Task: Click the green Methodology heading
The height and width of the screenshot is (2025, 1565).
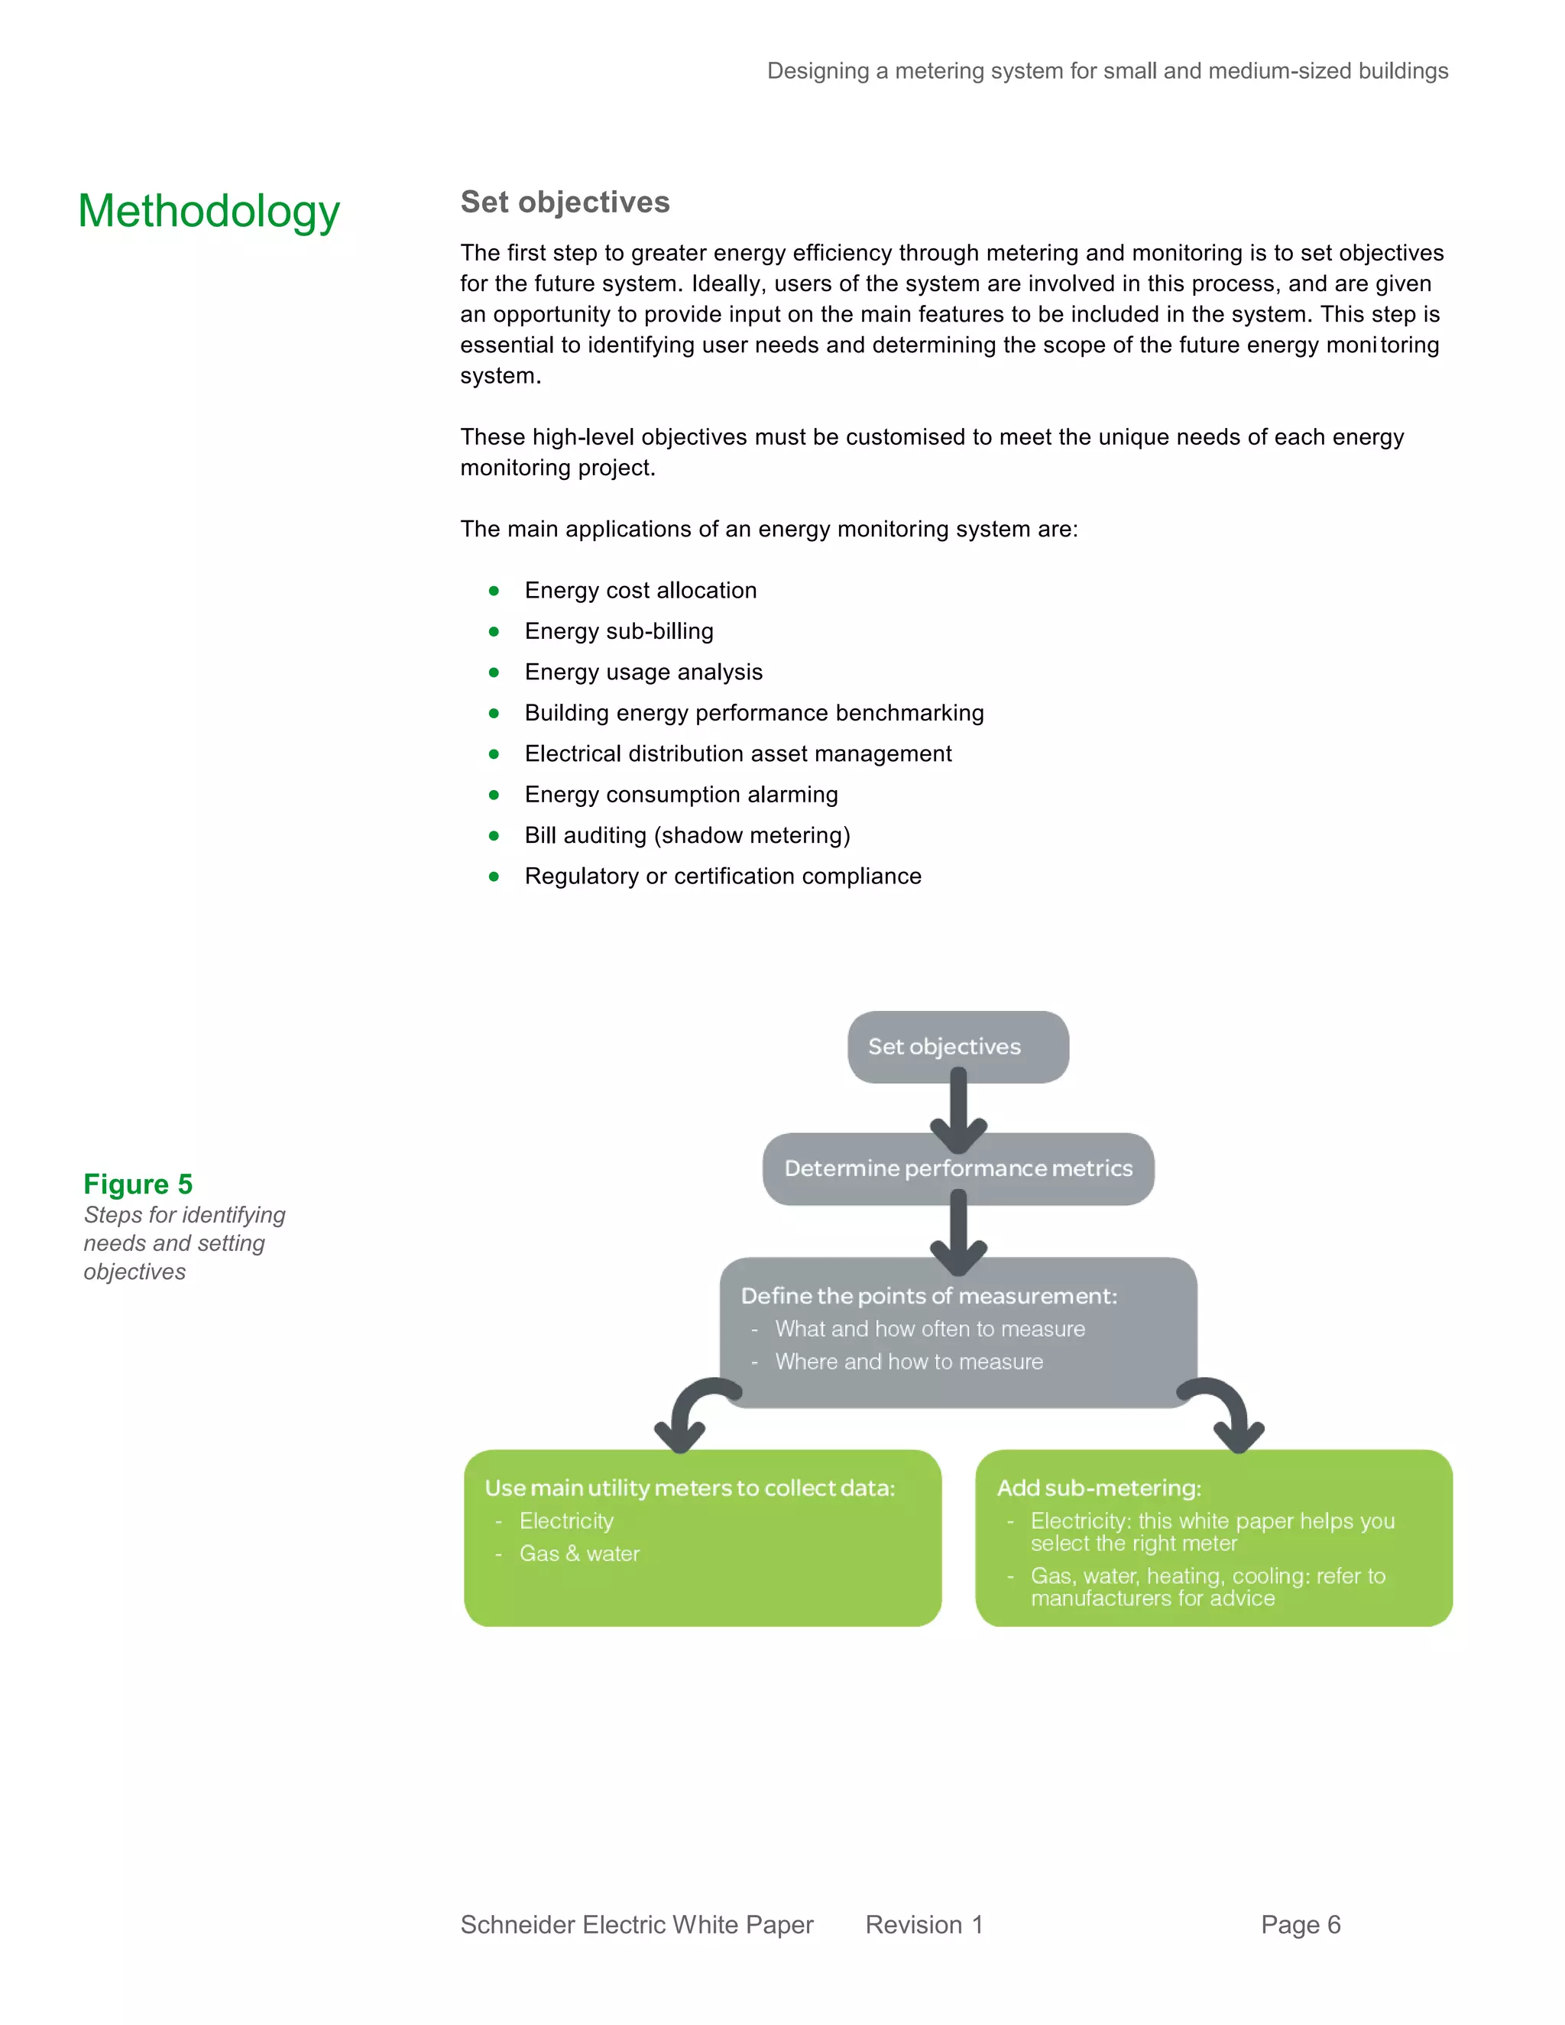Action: (209, 212)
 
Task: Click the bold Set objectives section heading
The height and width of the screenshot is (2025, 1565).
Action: (565, 202)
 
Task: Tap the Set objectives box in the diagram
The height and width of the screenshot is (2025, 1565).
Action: (957, 1046)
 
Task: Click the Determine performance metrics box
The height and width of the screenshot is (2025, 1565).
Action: (957, 1168)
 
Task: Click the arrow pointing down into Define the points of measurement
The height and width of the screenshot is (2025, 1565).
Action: (959, 1233)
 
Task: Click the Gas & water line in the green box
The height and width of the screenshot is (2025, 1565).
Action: (579, 1554)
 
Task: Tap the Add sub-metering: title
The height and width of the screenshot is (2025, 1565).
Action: (1099, 1488)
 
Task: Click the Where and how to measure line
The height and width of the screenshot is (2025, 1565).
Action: (909, 1361)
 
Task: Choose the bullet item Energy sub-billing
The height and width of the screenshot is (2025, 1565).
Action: (618, 631)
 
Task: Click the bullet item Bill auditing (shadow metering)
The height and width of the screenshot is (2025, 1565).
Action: (687, 835)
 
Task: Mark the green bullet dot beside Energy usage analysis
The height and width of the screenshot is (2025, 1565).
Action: (494, 672)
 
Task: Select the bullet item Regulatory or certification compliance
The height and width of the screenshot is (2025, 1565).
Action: (722, 876)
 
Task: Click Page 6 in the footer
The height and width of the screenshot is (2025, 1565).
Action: (1300, 1925)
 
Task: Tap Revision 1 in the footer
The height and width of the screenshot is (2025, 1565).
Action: (923, 1925)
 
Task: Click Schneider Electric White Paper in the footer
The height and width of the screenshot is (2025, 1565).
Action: (636, 1925)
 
